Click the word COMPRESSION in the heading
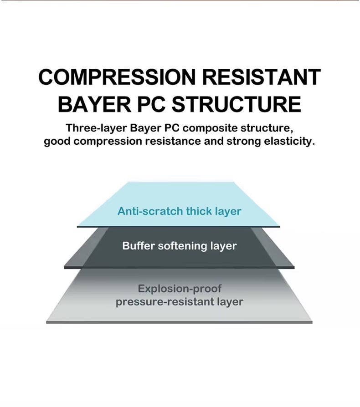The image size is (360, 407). pyautogui.click(x=117, y=77)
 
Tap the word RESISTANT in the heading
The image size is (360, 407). pyautogui.click(x=261, y=77)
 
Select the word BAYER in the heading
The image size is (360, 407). pyautogui.click(x=94, y=104)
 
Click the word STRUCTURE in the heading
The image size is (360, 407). pyautogui.click(x=237, y=104)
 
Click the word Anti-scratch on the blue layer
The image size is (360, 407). pyautogui.click(x=150, y=211)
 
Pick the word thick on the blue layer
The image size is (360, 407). pyautogui.click(x=199, y=211)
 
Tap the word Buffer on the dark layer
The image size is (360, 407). pyautogui.click(x=139, y=245)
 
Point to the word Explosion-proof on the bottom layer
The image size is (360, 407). pyautogui.click(x=180, y=289)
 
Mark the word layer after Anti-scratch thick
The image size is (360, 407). pyautogui.click(x=228, y=212)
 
